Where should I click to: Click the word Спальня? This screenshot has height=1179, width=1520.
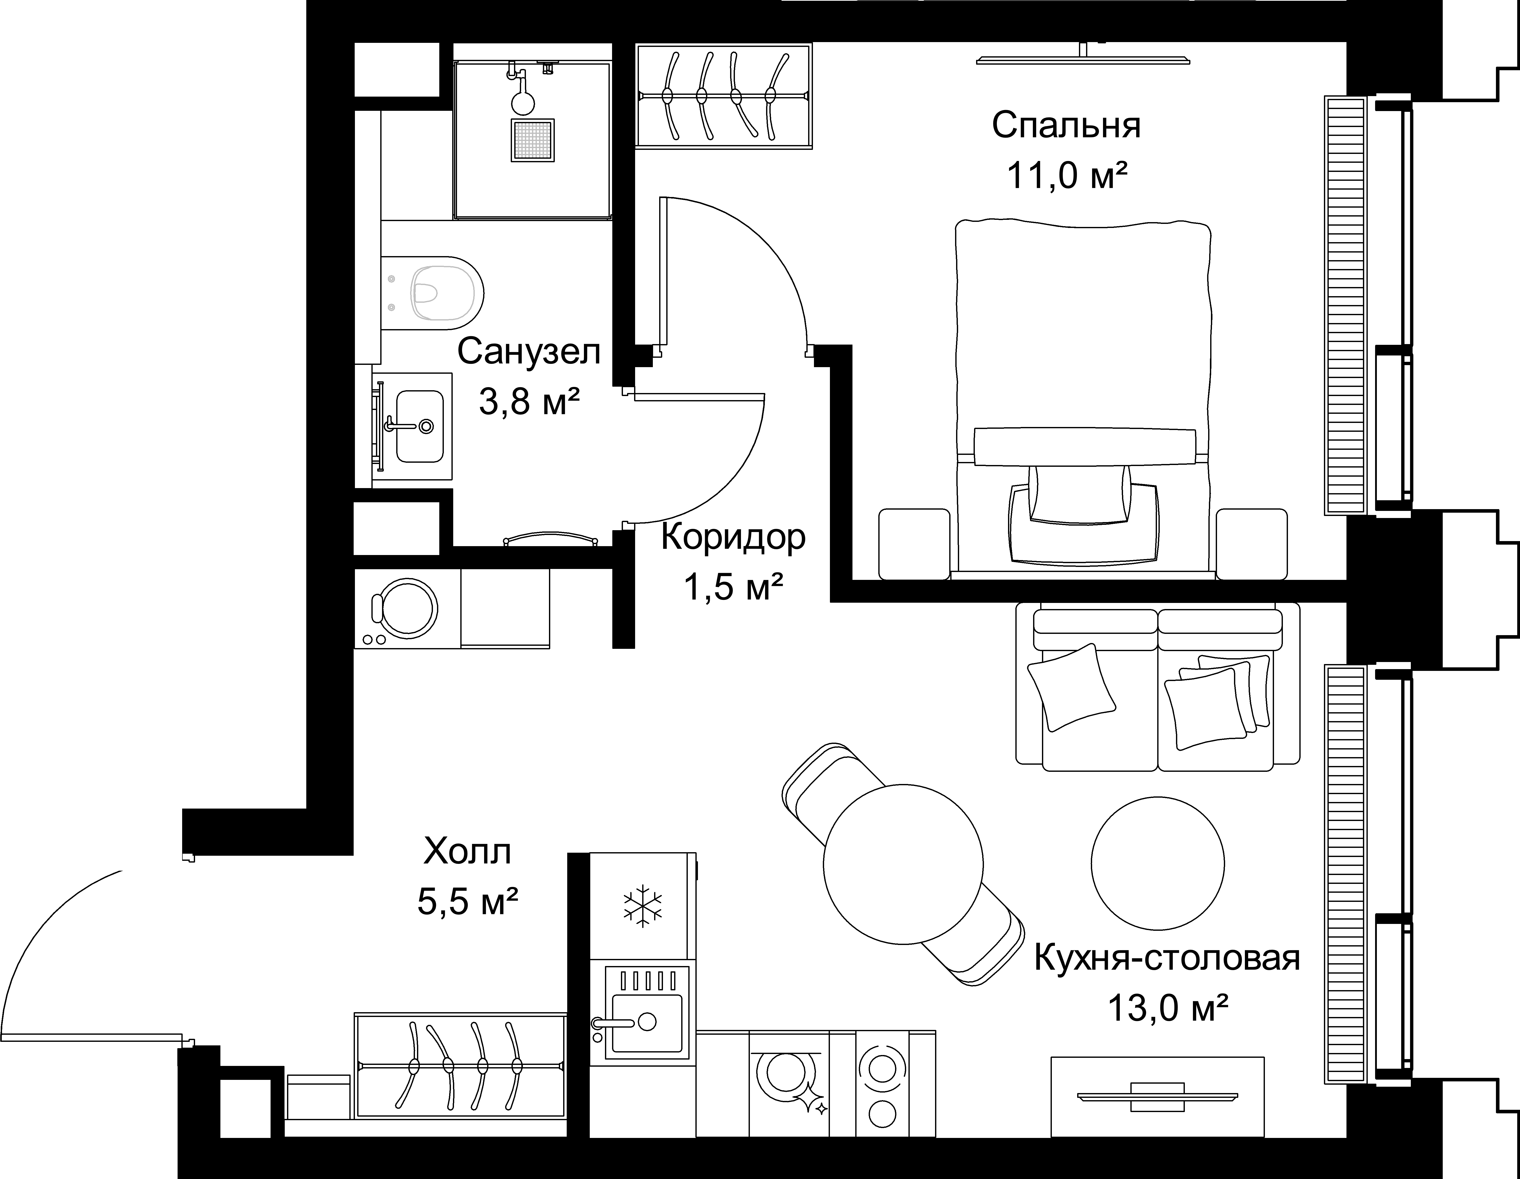(x=1066, y=126)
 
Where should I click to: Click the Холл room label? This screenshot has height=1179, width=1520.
(x=467, y=851)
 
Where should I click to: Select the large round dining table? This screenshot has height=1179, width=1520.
(x=903, y=864)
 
